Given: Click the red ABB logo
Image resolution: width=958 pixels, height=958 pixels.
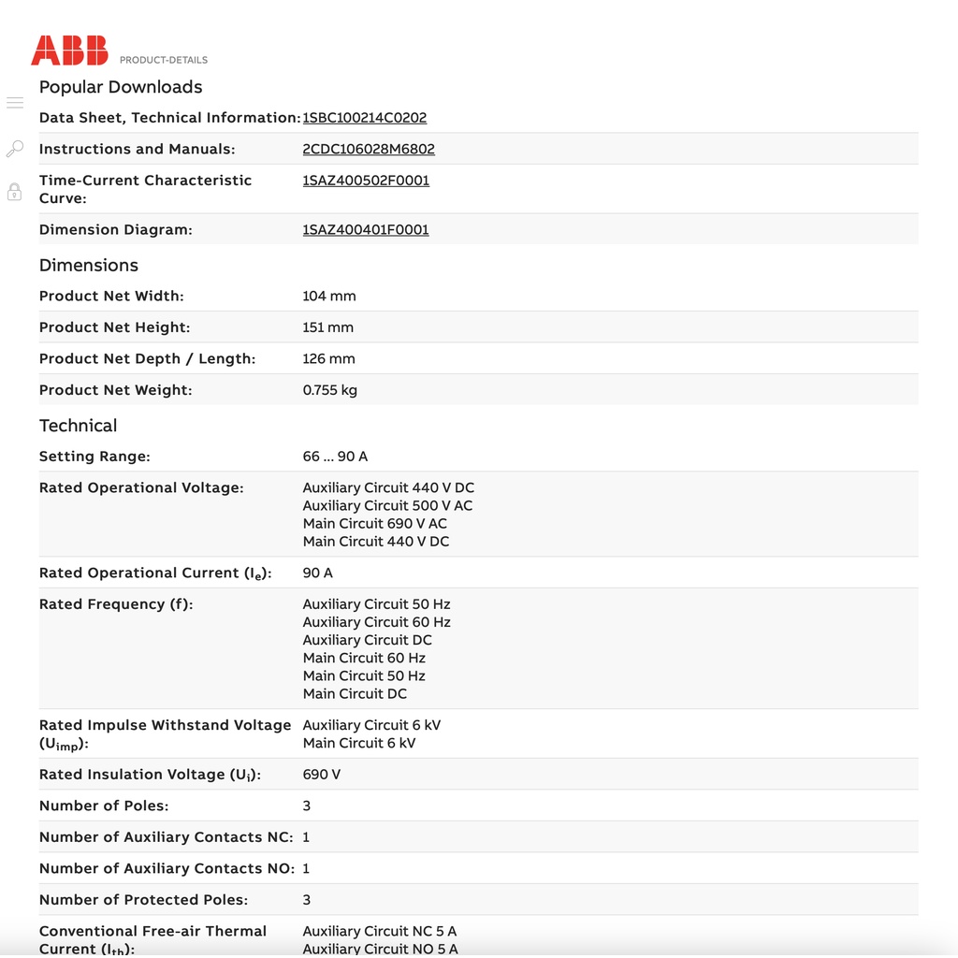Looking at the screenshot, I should (69, 51).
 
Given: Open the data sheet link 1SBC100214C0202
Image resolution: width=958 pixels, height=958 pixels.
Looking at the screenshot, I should (364, 118).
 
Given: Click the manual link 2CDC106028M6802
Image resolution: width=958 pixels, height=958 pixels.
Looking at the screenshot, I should (369, 149).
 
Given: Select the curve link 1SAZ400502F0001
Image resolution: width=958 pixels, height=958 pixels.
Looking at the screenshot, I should (366, 181).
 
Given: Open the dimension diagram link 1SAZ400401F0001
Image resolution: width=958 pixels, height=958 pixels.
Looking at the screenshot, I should (366, 229).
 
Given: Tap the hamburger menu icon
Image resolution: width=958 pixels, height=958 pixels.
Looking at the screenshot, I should (15, 103).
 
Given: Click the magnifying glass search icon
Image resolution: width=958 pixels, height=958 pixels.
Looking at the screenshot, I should (15, 149).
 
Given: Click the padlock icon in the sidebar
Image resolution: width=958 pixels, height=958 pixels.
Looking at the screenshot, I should (15, 192).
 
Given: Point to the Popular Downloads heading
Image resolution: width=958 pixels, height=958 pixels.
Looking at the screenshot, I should (121, 87).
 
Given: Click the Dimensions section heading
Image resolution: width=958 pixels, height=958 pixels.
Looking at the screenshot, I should (89, 266).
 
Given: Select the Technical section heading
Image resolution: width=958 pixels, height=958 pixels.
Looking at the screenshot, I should (79, 426).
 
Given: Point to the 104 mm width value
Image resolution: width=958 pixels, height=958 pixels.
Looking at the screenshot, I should (329, 297).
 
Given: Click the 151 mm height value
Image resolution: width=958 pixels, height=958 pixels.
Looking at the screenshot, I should (328, 327).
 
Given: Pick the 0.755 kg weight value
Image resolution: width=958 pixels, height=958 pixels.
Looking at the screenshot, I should (330, 390).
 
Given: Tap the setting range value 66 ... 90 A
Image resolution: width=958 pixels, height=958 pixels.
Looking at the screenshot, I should (335, 457).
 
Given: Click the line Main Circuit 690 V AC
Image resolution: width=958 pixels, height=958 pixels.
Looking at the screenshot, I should (375, 524).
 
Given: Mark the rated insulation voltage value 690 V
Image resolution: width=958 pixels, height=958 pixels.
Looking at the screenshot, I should (322, 775).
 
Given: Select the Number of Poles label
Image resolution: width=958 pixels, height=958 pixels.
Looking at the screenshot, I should (104, 806).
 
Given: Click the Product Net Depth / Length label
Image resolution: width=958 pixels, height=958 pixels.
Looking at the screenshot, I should (147, 359).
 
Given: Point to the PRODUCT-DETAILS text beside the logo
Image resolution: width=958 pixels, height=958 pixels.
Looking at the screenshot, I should (164, 60).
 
